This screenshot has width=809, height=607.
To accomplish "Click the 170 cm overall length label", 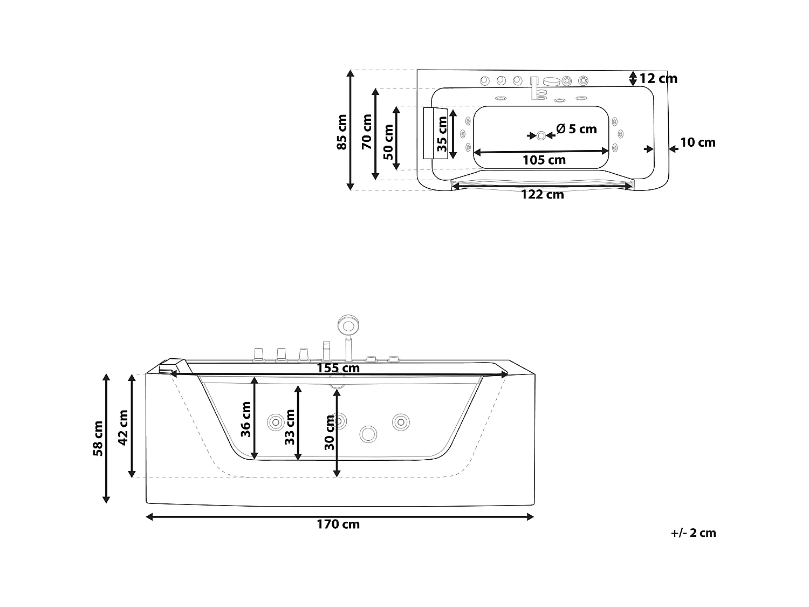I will click(339, 524).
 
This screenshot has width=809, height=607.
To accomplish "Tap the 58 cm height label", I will click(98, 438).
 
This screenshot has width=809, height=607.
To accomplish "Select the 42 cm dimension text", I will click(123, 427).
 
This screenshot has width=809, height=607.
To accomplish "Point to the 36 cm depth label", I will click(246, 419).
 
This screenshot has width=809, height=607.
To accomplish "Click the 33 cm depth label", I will click(290, 427).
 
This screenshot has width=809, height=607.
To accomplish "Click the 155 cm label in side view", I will click(338, 368).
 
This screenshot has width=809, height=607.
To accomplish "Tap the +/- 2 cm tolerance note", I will click(694, 533).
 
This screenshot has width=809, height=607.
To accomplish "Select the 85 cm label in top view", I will click(342, 131).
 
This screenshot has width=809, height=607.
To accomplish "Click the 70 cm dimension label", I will click(367, 131).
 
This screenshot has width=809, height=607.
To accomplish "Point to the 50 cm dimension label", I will click(388, 141).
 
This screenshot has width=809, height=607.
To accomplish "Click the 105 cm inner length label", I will click(544, 160).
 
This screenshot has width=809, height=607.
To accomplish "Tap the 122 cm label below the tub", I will click(542, 195).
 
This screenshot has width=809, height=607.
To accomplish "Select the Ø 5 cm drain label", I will click(577, 129).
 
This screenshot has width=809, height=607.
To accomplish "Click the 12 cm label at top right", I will click(659, 79).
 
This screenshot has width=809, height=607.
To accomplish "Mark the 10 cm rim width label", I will click(697, 142).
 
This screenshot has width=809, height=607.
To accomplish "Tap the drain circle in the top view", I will click(541, 135).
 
